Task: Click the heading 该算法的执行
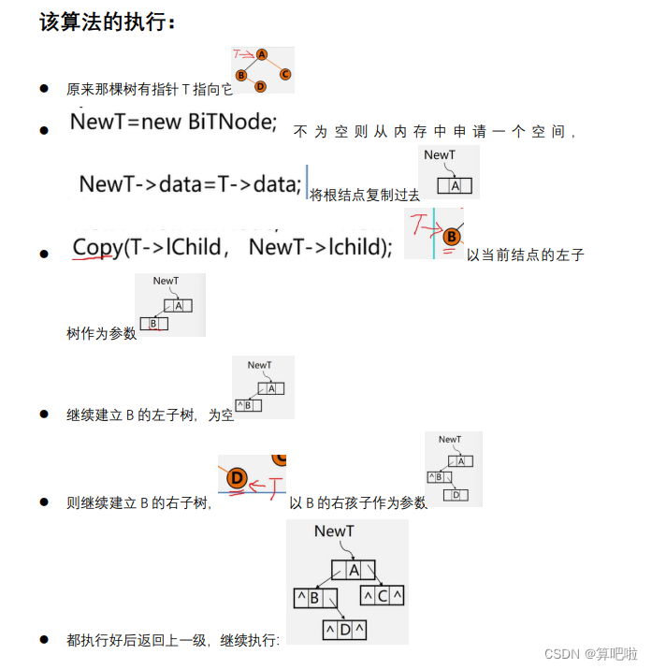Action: [107, 22]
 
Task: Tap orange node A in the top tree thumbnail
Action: [262, 55]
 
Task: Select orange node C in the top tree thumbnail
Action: [284, 74]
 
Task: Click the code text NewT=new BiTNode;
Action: [174, 122]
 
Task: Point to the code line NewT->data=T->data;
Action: [190, 184]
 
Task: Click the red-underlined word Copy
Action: [98, 247]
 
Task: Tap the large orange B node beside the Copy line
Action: [452, 236]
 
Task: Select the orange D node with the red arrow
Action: [237, 478]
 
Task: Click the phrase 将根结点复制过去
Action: [364, 195]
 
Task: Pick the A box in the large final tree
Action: [353, 570]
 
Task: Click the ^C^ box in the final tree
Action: [383, 595]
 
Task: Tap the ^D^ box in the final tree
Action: [345, 630]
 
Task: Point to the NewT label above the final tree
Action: [335, 531]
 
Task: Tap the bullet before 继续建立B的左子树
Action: [44, 414]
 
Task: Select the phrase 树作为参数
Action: [101, 334]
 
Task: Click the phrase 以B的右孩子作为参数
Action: [357, 503]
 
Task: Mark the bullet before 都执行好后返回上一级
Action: [44, 640]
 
